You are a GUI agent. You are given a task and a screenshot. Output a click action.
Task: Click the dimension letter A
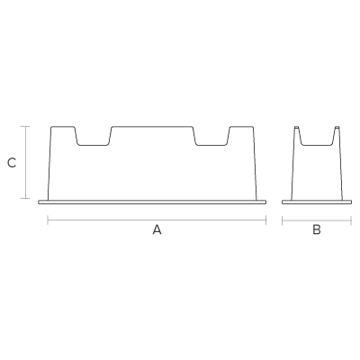(157, 229)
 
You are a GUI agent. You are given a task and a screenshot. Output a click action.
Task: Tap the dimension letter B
(317, 229)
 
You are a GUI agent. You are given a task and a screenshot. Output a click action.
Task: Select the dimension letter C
(12, 163)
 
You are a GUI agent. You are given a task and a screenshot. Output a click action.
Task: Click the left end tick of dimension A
(48, 220)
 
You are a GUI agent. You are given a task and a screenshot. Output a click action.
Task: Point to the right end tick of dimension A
(265, 220)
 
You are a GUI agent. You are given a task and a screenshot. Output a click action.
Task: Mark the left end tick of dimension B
(283, 220)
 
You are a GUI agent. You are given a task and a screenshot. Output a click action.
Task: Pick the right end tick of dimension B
(351, 220)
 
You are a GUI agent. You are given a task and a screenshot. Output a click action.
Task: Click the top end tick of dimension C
(25, 127)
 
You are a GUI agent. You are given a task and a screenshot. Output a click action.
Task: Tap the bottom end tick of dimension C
(25, 198)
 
